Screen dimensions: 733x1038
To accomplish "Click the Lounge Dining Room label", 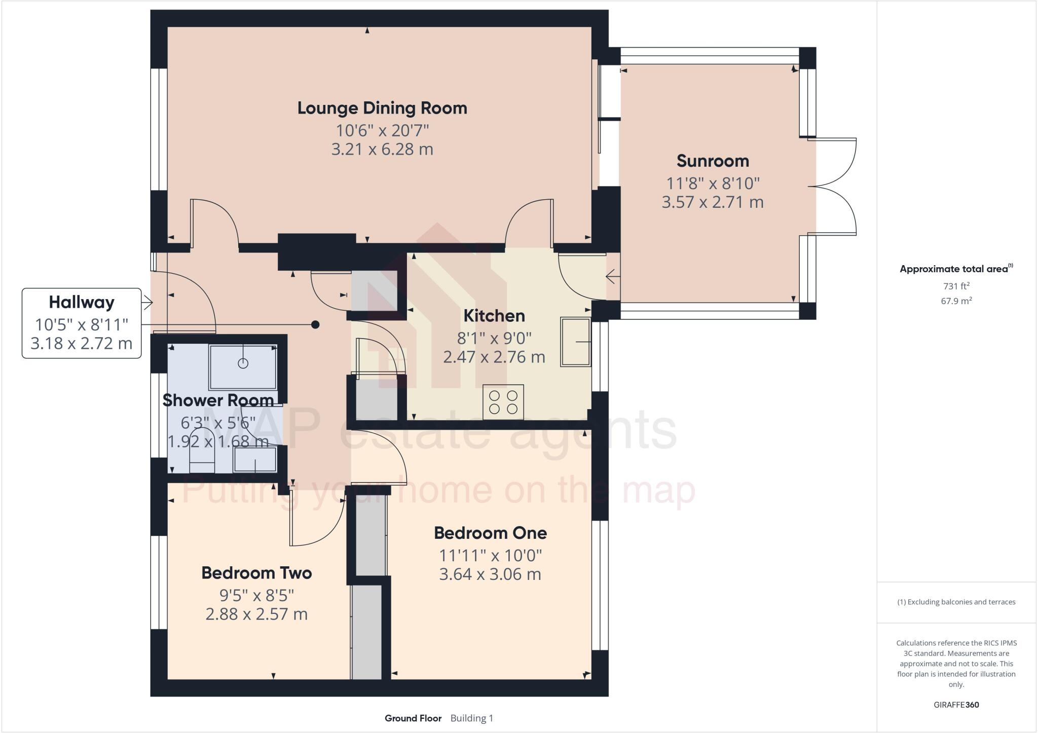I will (x=382, y=108).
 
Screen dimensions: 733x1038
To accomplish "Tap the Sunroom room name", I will (x=712, y=161).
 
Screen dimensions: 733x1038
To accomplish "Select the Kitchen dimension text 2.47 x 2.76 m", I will (x=494, y=357).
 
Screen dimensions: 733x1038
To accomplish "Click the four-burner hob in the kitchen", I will (x=503, y=402).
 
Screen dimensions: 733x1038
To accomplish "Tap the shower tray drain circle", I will (x=243, y=363).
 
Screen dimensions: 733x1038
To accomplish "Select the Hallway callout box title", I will (x=81, y=302).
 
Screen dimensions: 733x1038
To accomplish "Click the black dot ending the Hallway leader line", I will (x=315, y=324).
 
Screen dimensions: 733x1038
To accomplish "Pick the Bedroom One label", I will (x=490, y=533).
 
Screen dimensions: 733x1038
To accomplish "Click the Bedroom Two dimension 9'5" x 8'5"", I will (x=256, y=594).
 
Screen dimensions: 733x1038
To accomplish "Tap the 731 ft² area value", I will (x=956, y=286).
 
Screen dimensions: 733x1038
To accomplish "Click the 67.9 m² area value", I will (x=956, y=301).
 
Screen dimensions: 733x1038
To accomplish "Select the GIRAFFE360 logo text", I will (x=956, y=705).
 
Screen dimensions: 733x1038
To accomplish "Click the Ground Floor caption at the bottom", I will (x=413, y=718).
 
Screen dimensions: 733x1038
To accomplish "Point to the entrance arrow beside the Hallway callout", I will (x=147, y=303).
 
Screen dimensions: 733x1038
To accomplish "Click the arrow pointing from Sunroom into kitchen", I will (x=612, y=277).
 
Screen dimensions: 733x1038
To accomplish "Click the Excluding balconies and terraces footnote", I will (x=956, y=602).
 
